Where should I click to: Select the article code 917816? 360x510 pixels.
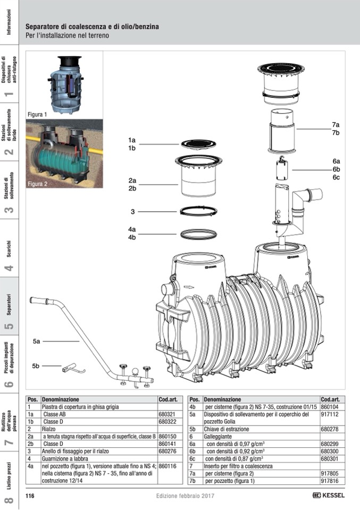pyautogui.click(x=330, y=481)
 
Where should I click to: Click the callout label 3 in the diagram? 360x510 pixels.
pyautogui.click(x=132, y=212)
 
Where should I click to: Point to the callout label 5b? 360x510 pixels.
pyautogui.click(x=36, y=366)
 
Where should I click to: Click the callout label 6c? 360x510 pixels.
pyautogui.click(x=336, y=177)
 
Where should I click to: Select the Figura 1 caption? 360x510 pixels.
pyautogui.click(x=37, y=114)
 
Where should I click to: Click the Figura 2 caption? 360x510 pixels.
pyautogui.click(x=37, y=184)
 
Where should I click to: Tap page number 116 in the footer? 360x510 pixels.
pyautogui.click(x=30, y=496)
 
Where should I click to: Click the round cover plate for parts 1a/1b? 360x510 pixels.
pyautogui.click(x=199, y=144)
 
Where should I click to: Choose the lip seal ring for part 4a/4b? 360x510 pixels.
pyautogui.click(x=199, y=233)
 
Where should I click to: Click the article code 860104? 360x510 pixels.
pyautogui.click(x=330, y=406)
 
